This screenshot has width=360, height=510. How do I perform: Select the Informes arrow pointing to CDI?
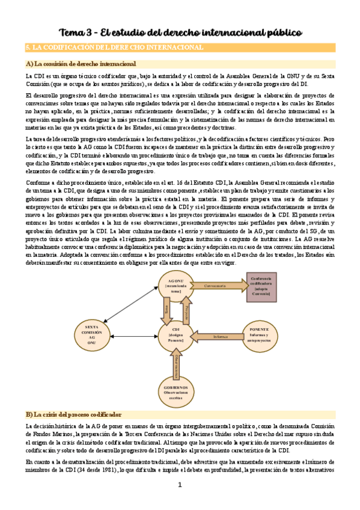(219, 336)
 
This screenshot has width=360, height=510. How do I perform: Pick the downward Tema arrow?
(167, 310)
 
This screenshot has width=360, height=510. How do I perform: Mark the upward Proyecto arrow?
(186, 310)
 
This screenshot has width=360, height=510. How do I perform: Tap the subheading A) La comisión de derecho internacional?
(81, 63)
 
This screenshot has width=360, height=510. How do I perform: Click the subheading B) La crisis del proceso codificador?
(73, 414)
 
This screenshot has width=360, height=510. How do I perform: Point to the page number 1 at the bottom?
(179, 485)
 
